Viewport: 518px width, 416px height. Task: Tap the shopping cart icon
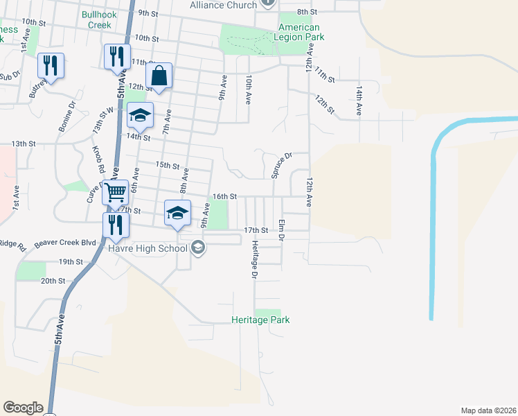(x=116, y=192)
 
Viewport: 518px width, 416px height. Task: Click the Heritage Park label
(x=260, y=320)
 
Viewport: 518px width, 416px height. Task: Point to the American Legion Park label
(x=299, y=32)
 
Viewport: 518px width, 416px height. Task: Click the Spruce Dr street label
(x=283, y=165)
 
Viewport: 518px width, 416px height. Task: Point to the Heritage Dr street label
(x=255, y=259)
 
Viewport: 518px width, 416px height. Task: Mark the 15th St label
(x=168, y=165)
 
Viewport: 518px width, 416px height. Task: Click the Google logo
(x=23, y=408)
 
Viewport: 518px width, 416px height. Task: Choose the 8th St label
(x=307, y=12)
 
